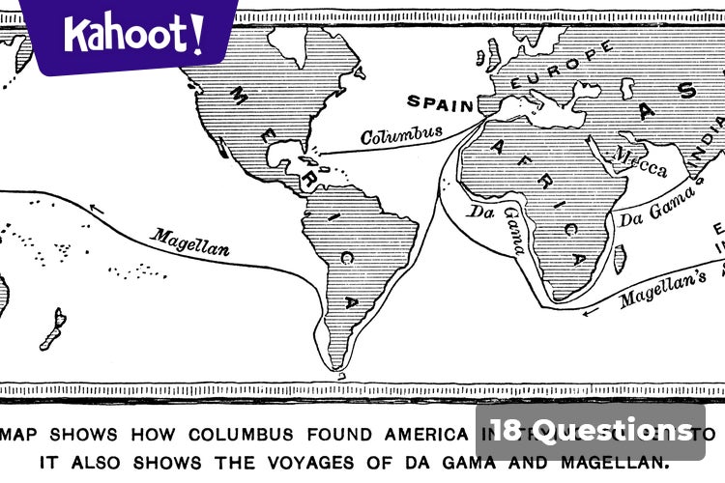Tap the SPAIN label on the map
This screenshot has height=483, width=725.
point(441,101)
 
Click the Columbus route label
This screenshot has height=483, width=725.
point(402,133)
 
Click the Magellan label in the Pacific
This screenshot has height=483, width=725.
point(190,241)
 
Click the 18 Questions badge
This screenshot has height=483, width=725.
point(590,430)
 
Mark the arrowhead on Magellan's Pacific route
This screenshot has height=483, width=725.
point(94,207)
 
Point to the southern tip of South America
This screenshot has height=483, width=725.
point(336,366)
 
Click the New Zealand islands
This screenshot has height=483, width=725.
point(53,329)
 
